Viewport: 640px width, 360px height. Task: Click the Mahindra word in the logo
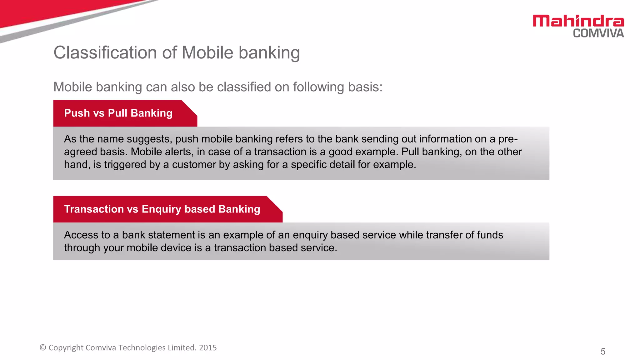(578, 21)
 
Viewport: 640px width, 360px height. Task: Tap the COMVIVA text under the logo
(598, 33)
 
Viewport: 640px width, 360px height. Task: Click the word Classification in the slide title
(105, 52)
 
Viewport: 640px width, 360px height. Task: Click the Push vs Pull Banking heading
(118, 113)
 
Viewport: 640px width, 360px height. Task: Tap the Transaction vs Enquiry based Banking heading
(162, 209)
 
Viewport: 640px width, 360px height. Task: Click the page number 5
(603, 352)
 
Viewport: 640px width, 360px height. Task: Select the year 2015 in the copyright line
(208, 348)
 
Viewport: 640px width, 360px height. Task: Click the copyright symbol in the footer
(43, 348)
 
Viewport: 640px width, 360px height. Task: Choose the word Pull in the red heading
(118, 113)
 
